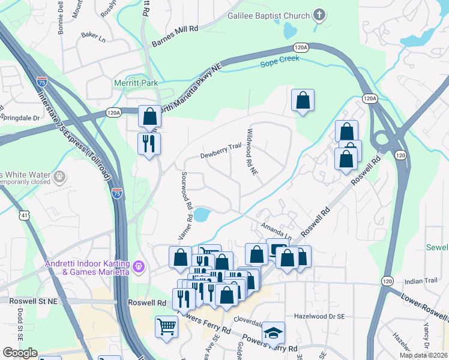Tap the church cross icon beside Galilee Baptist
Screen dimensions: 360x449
pos(319,16)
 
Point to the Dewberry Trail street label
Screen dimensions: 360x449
pos(220,151)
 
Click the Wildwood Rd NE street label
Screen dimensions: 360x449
pos(252,152)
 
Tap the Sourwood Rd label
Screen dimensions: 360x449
pos(185,190)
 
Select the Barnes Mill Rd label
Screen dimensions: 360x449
pos(175,36)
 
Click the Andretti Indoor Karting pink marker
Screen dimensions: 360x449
pos(139,265)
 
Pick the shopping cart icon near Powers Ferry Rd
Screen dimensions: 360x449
pos(167,327)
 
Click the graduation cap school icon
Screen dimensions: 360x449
pos(274,333)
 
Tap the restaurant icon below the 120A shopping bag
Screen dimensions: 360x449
pos(149,143)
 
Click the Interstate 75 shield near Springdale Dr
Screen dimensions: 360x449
pos(42,82)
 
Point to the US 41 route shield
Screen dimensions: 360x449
pos(24,214)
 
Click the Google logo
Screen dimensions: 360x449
pos(20,353)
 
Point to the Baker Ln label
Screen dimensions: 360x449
pos(92,36)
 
